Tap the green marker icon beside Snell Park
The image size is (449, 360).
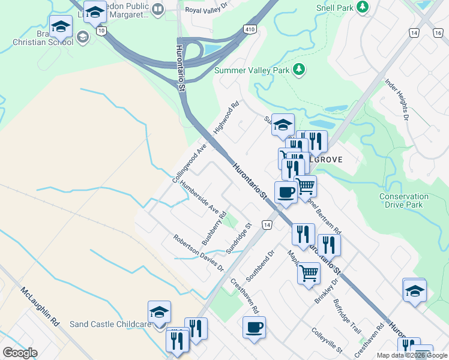click(x=363, y=7)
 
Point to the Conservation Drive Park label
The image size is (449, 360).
click(x=404, y=200)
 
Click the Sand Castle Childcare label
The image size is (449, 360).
click(x=110, y=325)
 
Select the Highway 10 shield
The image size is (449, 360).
click(x=101, y=31)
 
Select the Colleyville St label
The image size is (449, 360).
click(x=327, y=340)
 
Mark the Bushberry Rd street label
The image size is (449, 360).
click(x=214, y=228)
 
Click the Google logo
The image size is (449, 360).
click(x=20, y=353)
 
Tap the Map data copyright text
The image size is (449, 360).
click(x=412, y=355)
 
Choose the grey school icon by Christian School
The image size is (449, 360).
click(x=82, y=38)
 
